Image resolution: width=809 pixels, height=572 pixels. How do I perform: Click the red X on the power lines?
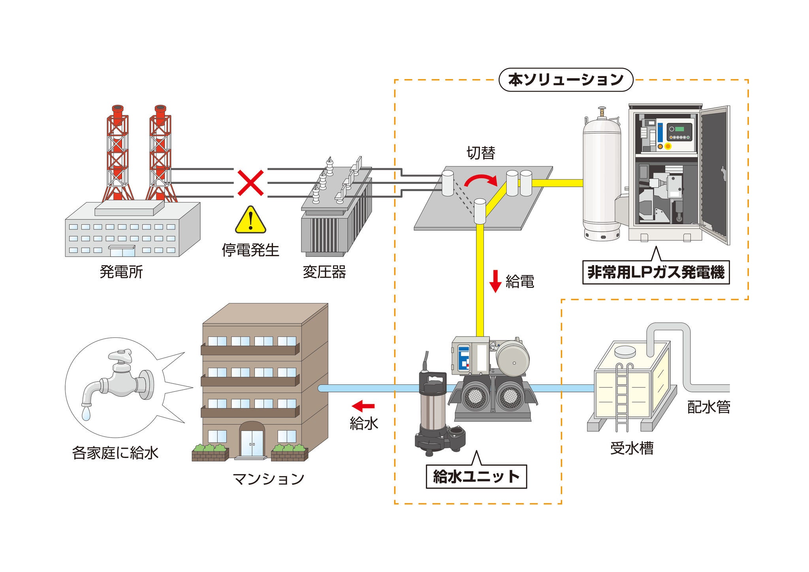(250, 183)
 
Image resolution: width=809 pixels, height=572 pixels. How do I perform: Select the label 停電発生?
(250, 250)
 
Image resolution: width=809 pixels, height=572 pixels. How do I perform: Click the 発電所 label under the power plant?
(121, 272)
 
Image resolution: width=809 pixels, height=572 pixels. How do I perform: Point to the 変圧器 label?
(324, 272)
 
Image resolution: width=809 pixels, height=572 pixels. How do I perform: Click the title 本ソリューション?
(566, 80)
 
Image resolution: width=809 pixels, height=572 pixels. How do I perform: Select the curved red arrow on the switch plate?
(480, 180)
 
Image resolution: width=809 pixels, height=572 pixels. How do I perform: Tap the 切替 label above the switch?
(480, 153)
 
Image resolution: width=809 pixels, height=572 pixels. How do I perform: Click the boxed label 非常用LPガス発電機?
(656, 272)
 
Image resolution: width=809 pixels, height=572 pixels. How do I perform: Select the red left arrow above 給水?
(363, 406)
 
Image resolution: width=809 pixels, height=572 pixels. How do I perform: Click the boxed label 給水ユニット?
(476, 477)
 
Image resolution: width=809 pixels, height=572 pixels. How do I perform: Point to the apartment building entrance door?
(252, 442)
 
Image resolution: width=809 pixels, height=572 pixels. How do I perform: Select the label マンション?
(269, 479)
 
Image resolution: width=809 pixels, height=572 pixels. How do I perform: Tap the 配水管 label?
(709, 407)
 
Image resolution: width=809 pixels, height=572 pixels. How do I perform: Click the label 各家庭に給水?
(115, 453)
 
